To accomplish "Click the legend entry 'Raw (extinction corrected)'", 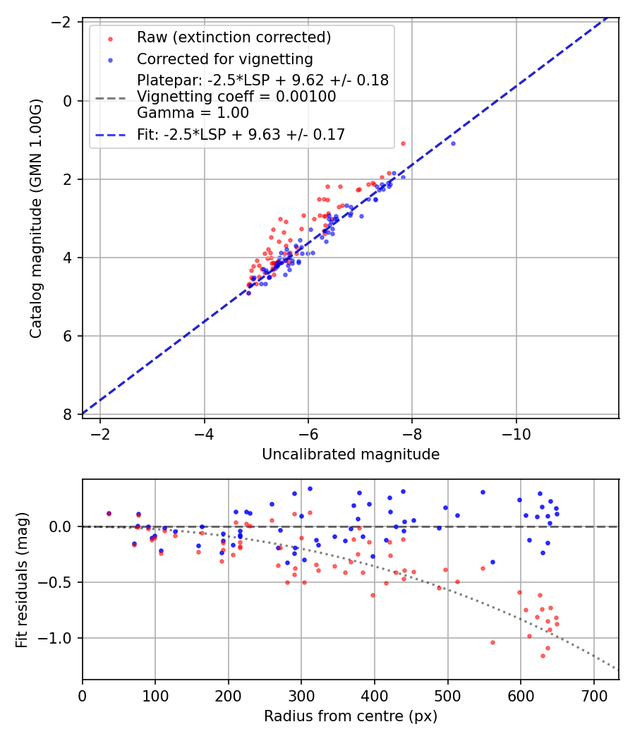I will [x=234, y=37].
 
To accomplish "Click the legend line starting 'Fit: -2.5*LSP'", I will [x=241, y=134].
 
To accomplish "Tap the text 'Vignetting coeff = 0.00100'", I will [x=236, y=97].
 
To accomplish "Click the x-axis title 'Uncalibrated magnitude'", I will [x=351, y=454].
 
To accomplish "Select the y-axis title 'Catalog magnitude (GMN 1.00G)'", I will [x=36, y=219].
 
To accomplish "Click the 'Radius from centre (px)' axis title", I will [x=351, y=716].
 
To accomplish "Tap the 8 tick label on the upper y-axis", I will [x=68, y=414].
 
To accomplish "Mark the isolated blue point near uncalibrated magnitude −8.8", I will [x=453, y=143].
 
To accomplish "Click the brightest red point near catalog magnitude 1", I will [x=403, y=143].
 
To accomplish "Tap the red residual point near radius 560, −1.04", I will [x=492, y=642].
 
